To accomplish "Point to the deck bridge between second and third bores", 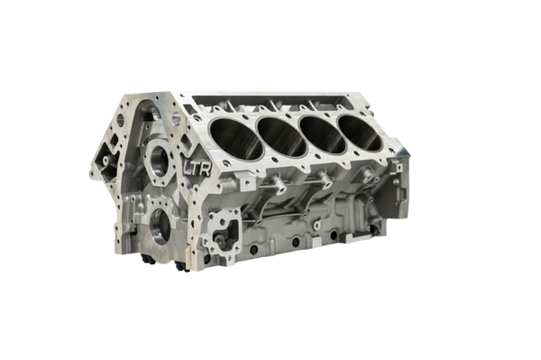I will tap(304, 131).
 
